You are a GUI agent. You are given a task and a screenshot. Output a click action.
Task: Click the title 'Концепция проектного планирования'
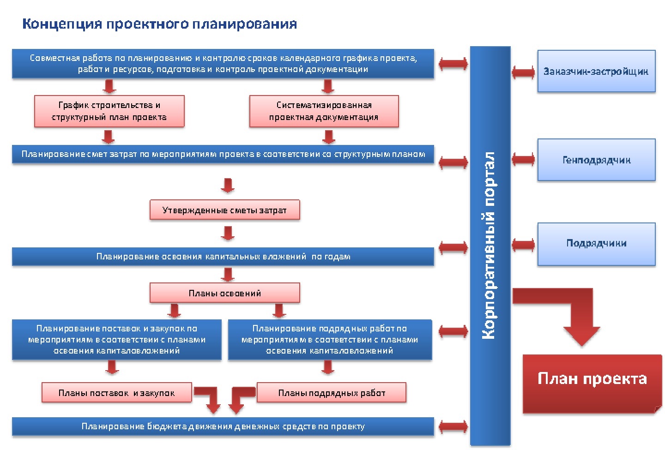pyautogui.click(x=159, y=24)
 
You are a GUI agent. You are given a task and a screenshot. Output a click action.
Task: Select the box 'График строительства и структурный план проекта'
pyautogui.click(x=109, y=111)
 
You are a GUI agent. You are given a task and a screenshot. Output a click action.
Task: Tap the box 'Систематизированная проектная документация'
pyautogui.click(x=324, y=111)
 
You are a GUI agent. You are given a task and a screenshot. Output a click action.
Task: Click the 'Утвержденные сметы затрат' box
pyautogui.click(x=225, y=210)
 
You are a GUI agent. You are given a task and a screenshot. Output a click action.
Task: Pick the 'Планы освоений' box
pyautogui.click(x=225, y=293)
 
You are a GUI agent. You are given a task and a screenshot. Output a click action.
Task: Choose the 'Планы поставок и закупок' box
pyautogui.click(x=117, y=392)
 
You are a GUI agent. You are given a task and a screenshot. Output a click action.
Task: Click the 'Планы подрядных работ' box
pyautogui.click(x=331, y=392)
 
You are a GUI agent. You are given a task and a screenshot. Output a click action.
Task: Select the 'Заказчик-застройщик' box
pyautogui.click(x=597, y=71)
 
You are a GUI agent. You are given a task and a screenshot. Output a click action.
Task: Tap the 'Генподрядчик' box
pyautogui.click(x=597, y=160)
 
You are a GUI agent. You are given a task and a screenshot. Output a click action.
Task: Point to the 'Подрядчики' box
pyautogui.click(x=597, y=244)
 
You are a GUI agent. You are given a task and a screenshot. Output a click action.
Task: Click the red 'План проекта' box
pyautogui.click(x=592, y=384)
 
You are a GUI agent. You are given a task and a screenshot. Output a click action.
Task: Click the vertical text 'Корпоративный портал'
pyautogui.click(x=489, y=246)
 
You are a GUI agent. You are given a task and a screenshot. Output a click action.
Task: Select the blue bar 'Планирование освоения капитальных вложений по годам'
pyautogui.click(x=223, y=256)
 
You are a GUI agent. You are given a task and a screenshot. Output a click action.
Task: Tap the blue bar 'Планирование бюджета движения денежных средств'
pyautogui.click(x=223, y=426)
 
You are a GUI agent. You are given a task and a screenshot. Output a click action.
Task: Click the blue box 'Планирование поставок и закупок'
pyautogui.click(x=117, y=340)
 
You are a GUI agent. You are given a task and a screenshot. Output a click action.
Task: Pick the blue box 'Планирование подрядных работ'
pyautogui.click(x=330, y=340)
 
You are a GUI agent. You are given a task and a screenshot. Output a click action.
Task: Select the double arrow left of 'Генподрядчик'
pyautogui.click(x=523, y=160)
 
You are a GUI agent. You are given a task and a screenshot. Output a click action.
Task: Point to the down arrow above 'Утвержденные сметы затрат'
pyautogui.click(x=228, y=186)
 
